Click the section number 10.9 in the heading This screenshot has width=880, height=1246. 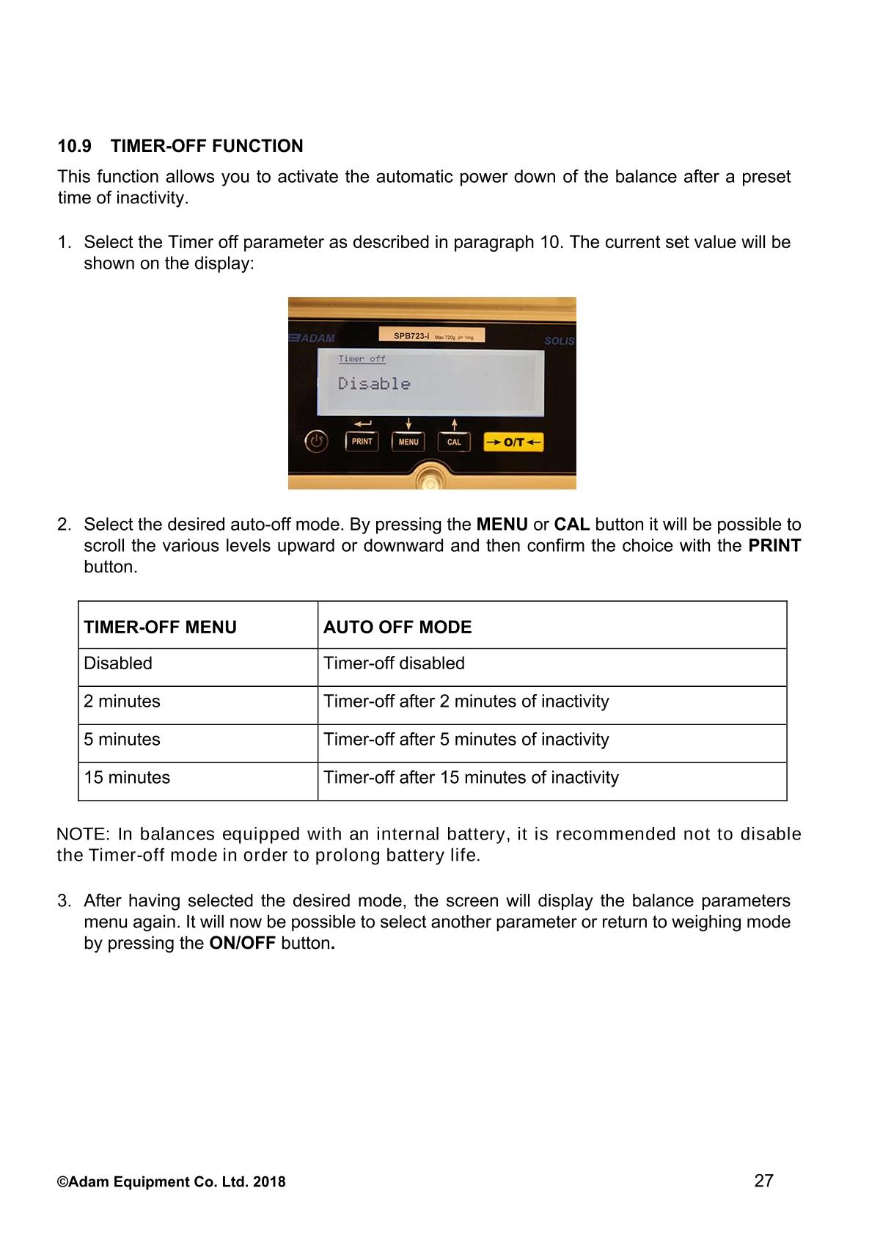point(75,146)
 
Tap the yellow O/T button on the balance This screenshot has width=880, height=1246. point(513,442)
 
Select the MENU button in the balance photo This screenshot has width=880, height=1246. point(408,442)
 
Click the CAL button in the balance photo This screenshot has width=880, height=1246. point(454,442)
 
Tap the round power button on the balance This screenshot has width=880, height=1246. point(316,442)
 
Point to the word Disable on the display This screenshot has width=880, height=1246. point(374,384)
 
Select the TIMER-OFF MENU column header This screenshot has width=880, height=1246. point(161,627)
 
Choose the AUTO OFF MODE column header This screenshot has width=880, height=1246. point(397,627)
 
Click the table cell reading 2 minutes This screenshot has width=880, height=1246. point(122,702)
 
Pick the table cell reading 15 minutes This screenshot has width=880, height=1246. point(127,778)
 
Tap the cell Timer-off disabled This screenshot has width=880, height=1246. point(395,663)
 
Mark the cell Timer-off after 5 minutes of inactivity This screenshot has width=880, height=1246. point(466,740)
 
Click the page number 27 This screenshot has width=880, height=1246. point(763,1181)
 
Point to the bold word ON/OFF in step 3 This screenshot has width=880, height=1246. point(242,944)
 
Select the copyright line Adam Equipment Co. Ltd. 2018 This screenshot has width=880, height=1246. point(172,1182)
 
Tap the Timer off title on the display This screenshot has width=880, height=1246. point(362,359)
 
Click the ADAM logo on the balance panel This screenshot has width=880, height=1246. point(312,338)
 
